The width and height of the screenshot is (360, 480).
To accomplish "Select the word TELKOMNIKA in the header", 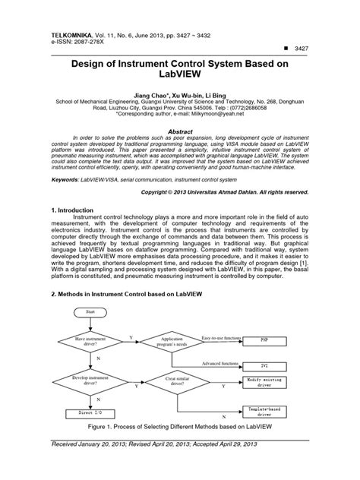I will coord(71,14).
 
